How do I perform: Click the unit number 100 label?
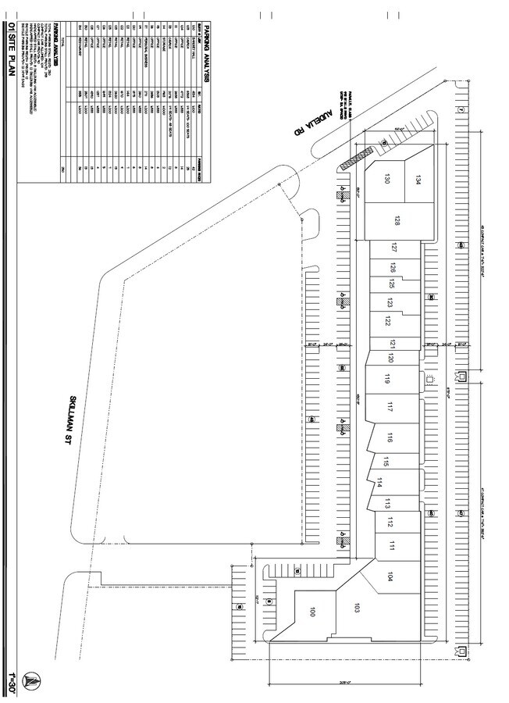tap(312, 612)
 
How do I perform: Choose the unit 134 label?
tap(418, 176)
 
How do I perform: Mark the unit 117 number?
tap(390, 406)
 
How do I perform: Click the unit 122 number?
tap(388, 321)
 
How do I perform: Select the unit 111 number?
tap(393, 546)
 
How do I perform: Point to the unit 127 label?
tap(395, 249)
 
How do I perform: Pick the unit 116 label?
tap(389, 437)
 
